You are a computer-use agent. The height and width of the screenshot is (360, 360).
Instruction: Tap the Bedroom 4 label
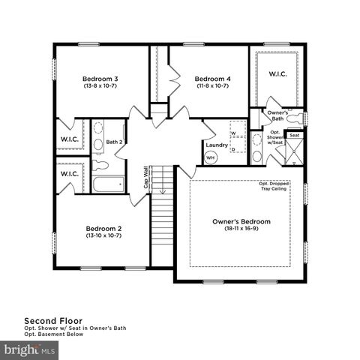click(212, 78)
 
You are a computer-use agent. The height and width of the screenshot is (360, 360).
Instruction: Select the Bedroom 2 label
click(103, 228)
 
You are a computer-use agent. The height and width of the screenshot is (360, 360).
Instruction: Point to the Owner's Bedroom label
click(241, 222)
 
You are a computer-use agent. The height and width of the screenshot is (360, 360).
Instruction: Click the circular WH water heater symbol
click(211, 158)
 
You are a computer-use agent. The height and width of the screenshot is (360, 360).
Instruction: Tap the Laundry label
click(216, 145)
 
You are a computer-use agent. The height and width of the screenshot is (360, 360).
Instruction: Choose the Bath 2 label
click(114, 141)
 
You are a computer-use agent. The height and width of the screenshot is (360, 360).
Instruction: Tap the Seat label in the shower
click(295, 136)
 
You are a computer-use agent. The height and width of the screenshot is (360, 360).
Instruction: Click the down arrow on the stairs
click(161, 189)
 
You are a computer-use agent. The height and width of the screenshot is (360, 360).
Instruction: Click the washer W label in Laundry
click(233, 133)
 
